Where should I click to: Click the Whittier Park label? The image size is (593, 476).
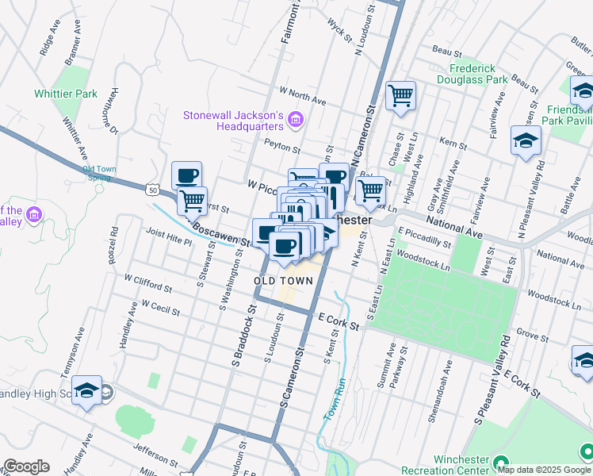point(66,94)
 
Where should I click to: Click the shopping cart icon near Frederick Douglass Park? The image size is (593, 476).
point(400,95)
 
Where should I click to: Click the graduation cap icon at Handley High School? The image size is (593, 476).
point(86,390)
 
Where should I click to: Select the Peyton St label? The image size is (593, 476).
point(282,148)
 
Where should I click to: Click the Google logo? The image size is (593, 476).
point(26,466)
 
